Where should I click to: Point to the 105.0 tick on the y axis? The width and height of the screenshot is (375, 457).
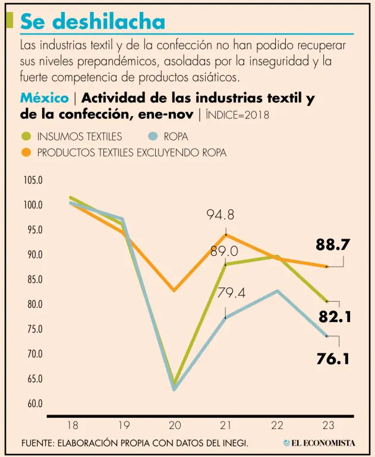coord(33,180)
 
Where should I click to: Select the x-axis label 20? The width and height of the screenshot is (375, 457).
coord(175,425)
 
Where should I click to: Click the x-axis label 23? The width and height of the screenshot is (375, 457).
coord(328,425)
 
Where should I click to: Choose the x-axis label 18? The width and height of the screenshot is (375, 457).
coord(73,425)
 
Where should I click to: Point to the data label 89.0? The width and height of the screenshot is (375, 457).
coord(224,251)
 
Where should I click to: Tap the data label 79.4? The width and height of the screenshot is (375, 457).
coord(232,292)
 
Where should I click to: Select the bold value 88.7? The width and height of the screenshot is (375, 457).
coord(332,245)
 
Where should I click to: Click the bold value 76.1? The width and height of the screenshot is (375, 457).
coord(332,359)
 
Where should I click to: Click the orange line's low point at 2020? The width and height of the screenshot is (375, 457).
coord(174,290)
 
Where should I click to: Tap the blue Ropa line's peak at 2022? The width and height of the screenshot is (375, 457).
coord(277,290)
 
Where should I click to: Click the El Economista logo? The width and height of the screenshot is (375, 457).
coord(319,443)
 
